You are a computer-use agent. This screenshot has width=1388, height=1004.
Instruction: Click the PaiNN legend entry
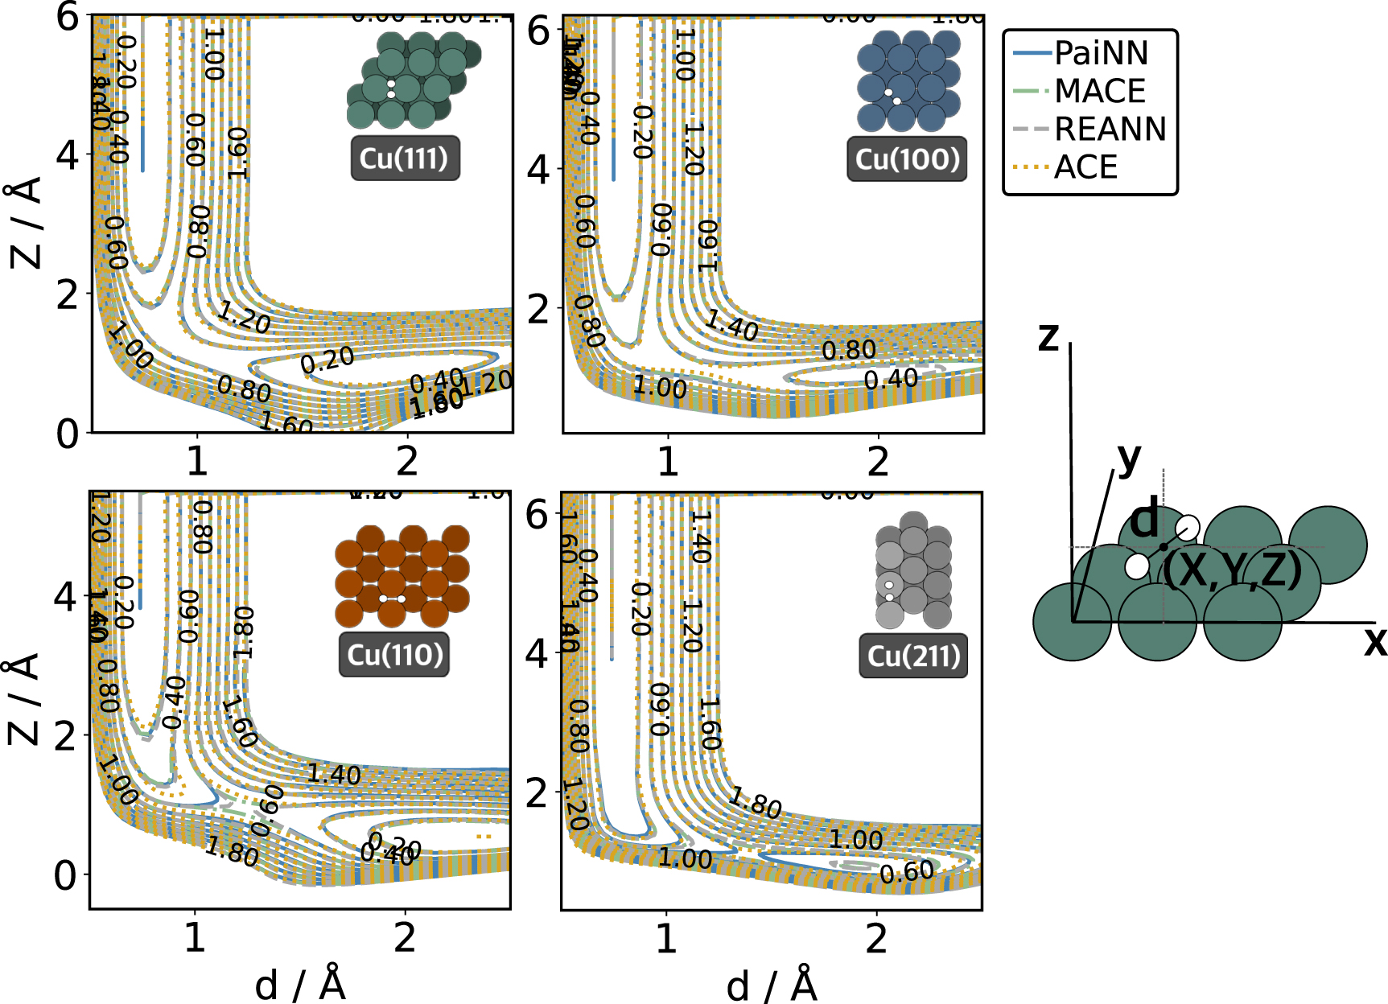click(1101, 53)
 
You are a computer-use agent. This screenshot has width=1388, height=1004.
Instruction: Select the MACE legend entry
click(1099, 91)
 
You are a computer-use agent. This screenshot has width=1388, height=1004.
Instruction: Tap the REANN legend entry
click(1110, 129)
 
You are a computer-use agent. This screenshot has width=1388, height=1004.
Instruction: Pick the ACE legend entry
click(1085, 167)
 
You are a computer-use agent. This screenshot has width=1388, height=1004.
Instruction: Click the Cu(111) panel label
click(405, 158)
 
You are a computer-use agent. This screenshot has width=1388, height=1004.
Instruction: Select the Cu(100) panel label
click(907, 158)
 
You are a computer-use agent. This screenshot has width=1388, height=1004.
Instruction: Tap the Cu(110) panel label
click(394, 655)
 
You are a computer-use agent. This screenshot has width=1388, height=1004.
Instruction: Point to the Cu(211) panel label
click(914, 656)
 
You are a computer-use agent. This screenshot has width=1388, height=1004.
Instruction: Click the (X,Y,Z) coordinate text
click(1232, 570)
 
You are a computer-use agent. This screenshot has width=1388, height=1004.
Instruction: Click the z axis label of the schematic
click(1048, 336)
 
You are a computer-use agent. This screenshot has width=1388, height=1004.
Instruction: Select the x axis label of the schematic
click(1375, 642)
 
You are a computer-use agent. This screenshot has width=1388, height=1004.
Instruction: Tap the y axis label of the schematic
click(1129, 458)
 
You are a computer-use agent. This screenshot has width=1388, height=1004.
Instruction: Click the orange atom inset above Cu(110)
click(402, 576)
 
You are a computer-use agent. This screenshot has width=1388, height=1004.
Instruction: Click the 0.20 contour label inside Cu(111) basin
click(327, 360)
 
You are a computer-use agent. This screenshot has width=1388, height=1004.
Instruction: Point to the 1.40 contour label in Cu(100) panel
click(731, 325)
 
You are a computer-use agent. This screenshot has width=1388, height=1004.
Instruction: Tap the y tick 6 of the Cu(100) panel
click(537, 32)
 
